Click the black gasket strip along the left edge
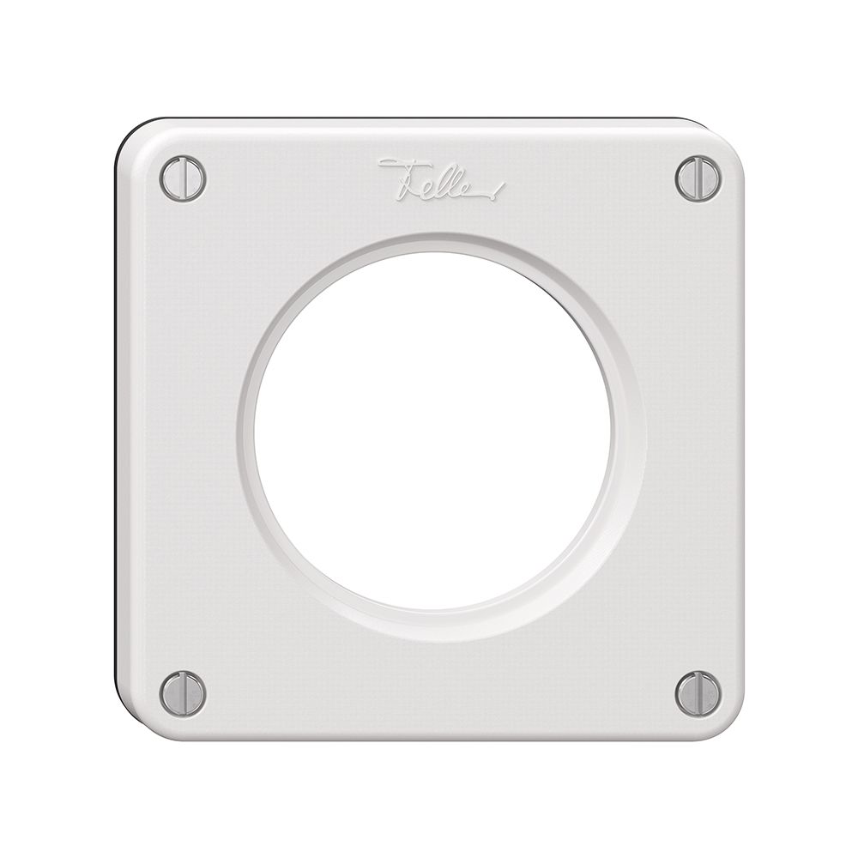115,429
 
